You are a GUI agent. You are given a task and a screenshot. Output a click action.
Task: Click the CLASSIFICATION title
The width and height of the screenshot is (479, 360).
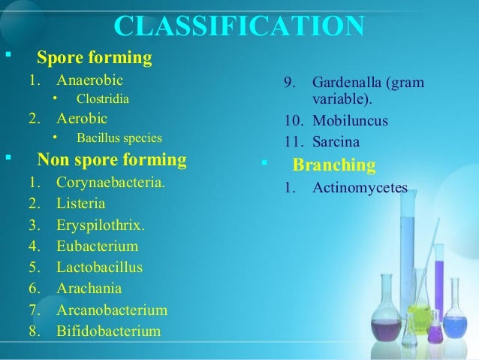point(239,26)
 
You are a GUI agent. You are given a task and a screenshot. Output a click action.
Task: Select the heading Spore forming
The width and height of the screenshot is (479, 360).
point(94,57)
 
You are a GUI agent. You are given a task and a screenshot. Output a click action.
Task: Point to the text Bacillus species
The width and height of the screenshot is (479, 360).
point(119,138)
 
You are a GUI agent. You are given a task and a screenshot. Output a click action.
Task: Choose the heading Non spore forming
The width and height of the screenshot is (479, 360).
point(112,159)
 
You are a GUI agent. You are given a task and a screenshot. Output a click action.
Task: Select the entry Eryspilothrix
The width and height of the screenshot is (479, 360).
point(101,225)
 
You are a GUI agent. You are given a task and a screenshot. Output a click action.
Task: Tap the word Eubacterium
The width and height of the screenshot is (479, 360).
point(97,246)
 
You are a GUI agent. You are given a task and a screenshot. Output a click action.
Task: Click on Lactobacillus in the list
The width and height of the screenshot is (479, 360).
point(99,267)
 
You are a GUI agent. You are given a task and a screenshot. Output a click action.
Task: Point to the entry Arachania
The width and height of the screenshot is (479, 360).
point(89,289)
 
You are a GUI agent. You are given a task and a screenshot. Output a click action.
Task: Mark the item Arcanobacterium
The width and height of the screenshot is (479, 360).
point(112,310)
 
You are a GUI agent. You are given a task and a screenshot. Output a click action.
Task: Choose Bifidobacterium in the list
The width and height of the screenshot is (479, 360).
point(108,331)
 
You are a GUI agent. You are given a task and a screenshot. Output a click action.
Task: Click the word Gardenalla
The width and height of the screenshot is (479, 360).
point(347,81)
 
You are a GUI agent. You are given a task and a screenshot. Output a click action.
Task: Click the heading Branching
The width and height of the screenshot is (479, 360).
point(333,165)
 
